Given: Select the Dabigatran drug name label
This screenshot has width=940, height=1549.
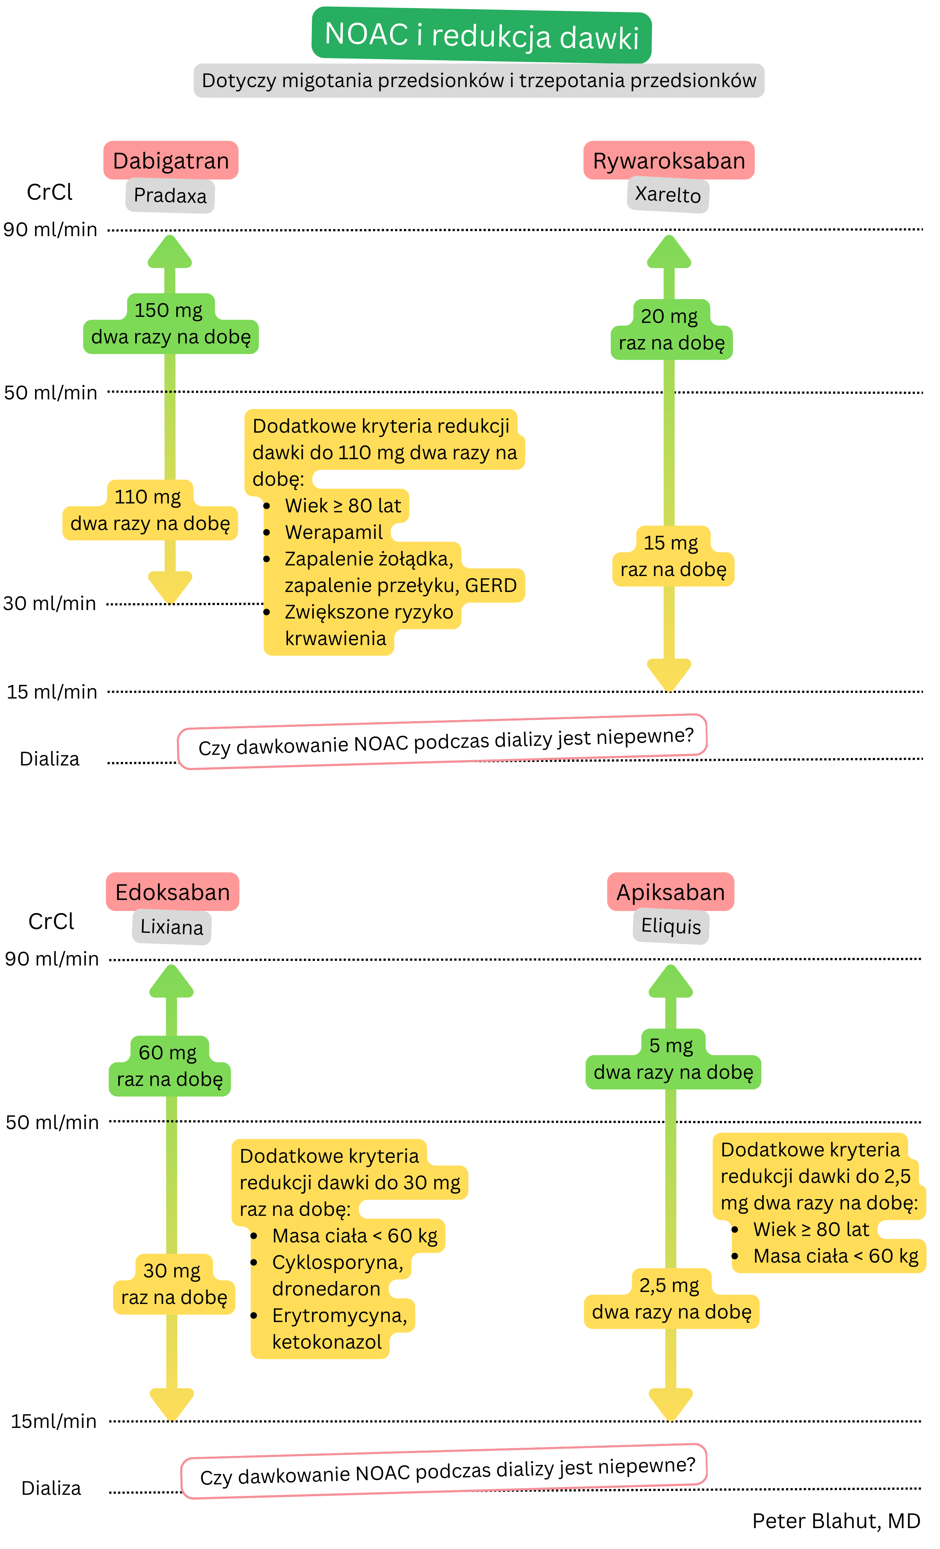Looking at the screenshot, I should pyautogui.click(x=171, y=161).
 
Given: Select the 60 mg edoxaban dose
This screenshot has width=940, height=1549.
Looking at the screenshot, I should pyautogui.click(x=168, y=1052).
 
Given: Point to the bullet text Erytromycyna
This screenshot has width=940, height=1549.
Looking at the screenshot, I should pyautogui.click(x=339, y=1315).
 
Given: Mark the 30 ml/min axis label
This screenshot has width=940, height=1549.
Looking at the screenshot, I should pyautogui.click(x=50, y=604).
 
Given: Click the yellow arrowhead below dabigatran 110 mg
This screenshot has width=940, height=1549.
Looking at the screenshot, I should pyautogui.click(x=170, y=586).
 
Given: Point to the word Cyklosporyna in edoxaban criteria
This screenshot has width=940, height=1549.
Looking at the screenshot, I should pyautogui.click(x=337, y=1262).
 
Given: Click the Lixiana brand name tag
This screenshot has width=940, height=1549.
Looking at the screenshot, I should pyautogui.click(x=172, y=927).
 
